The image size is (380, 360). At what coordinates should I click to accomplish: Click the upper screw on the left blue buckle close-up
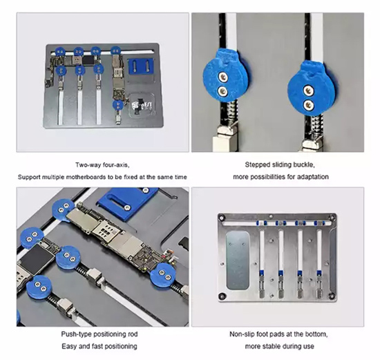click(x=222, y=77)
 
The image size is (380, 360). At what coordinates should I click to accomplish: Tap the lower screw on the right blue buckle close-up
click(x=308, y=105)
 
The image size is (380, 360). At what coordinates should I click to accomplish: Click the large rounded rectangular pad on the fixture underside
click(x=238, y=260)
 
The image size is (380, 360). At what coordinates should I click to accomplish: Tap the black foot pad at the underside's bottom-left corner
click(x=222, y=296)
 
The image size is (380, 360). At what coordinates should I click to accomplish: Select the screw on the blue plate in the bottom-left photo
click(x=126, y=207)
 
